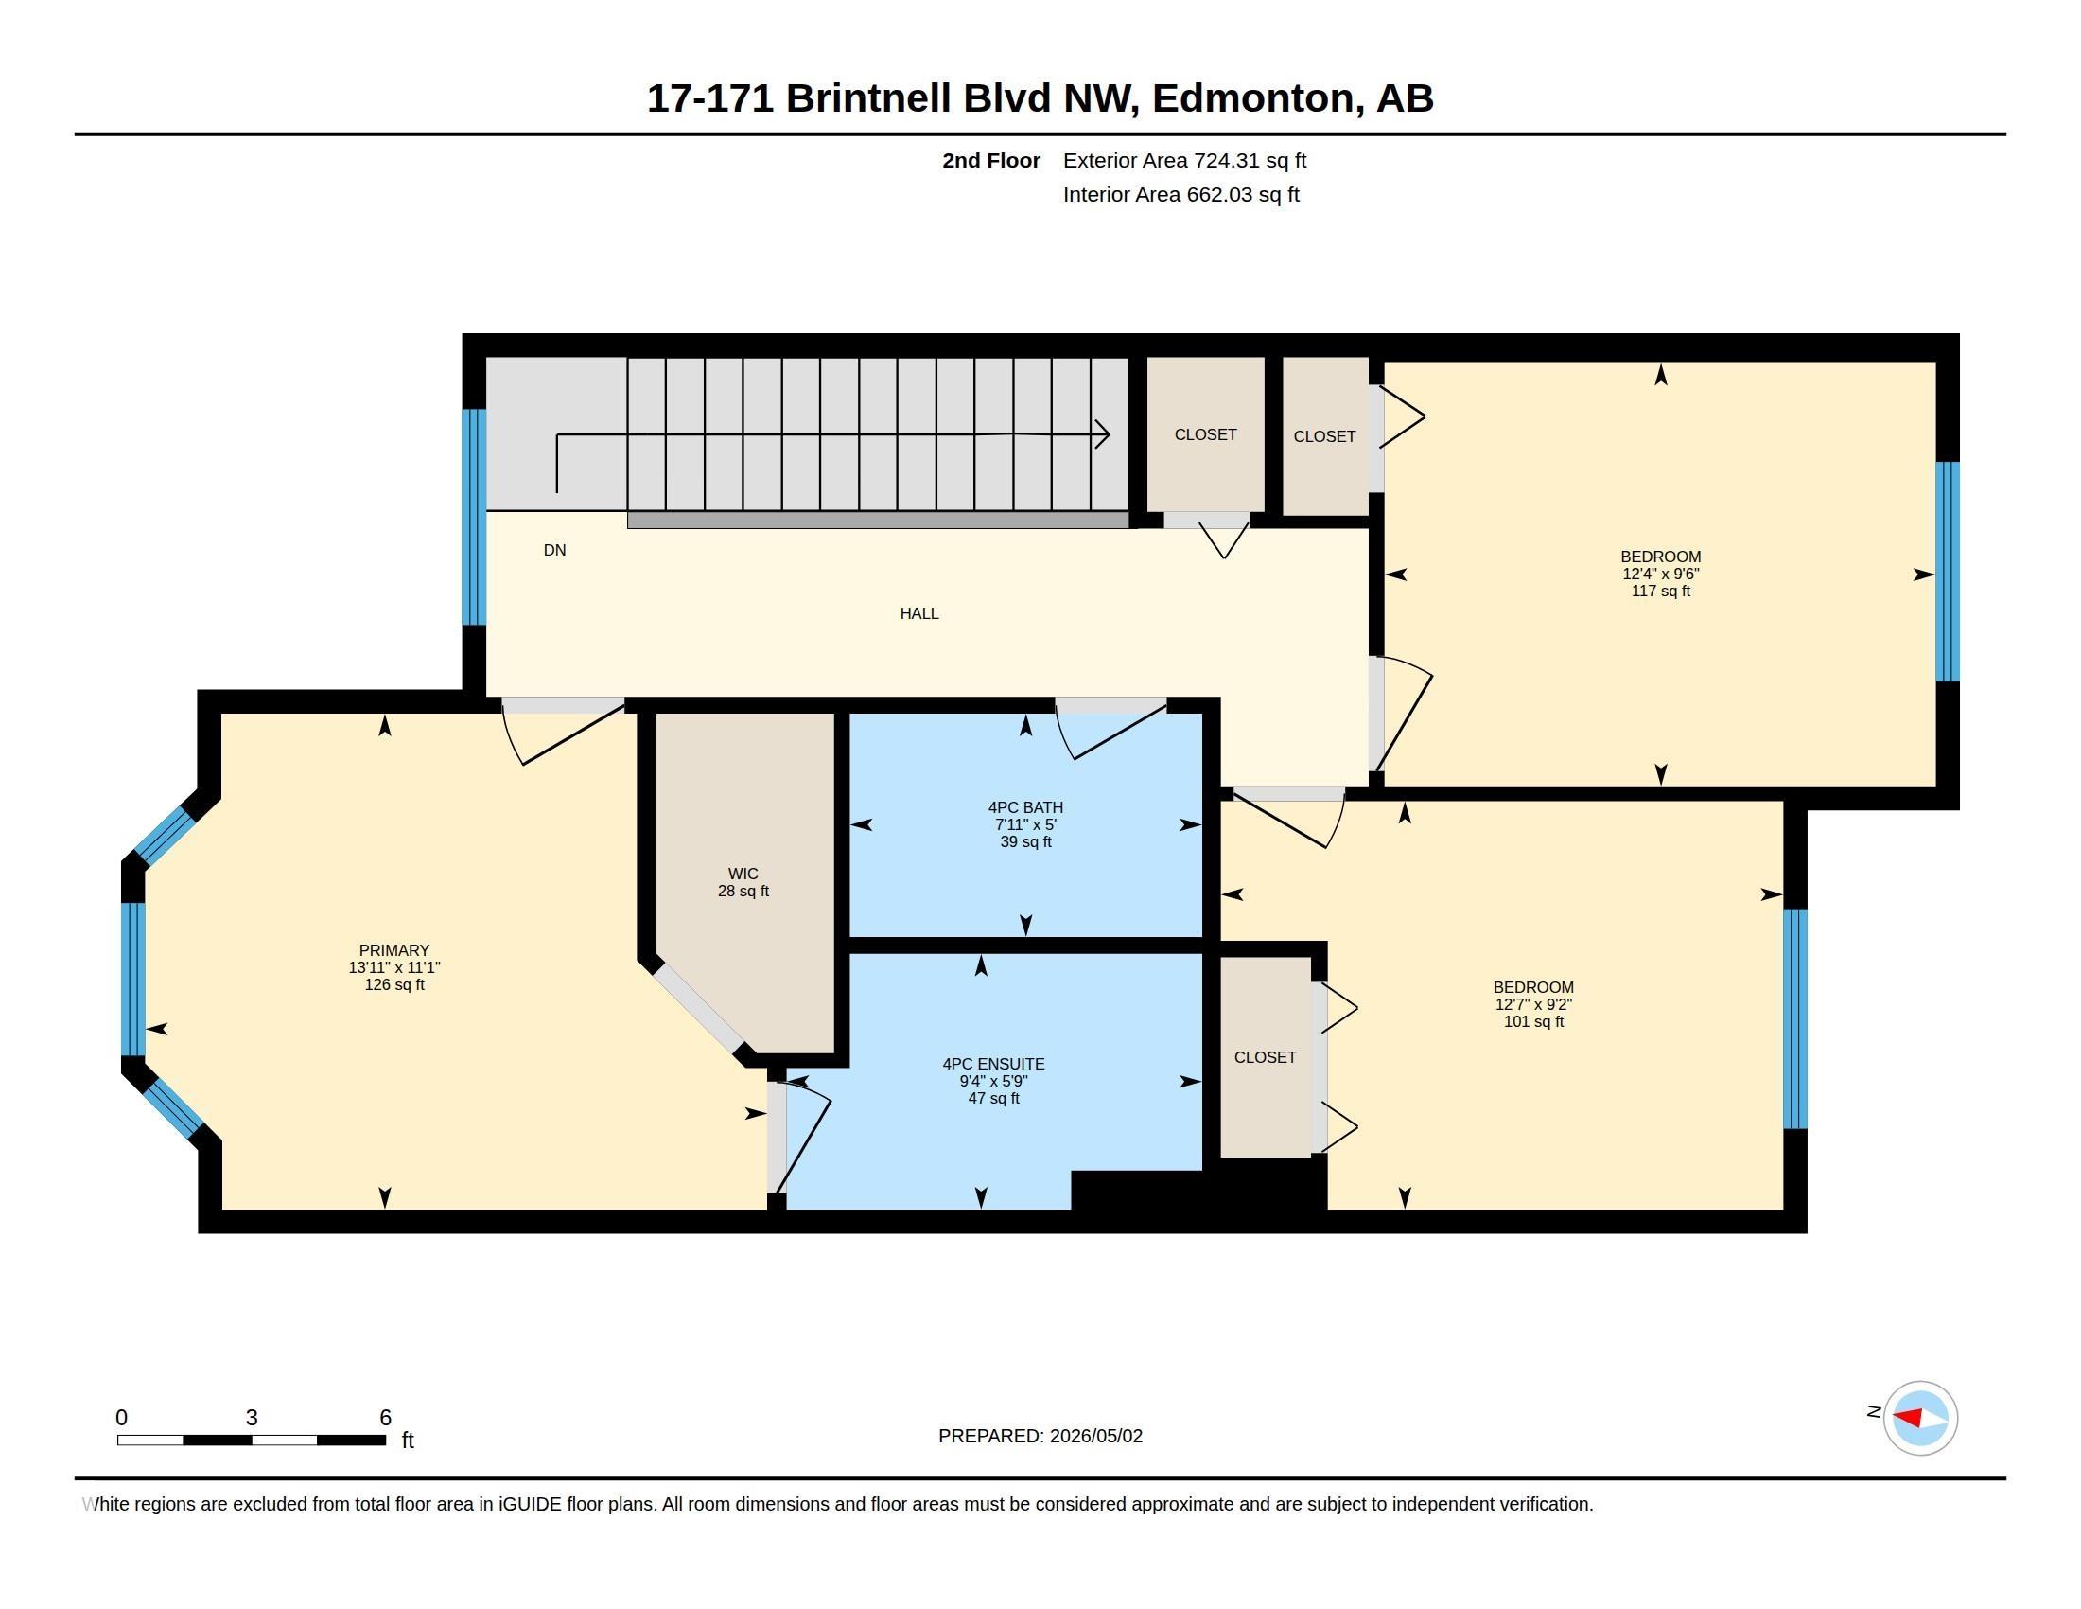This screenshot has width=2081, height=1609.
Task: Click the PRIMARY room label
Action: click(393, 950)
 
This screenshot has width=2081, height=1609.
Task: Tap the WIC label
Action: click(743, 875)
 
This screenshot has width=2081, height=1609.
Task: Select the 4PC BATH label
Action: click(1025, 807)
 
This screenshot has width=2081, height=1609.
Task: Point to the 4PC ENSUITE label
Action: click(994, 1064)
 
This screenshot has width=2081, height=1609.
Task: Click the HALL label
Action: click(919, 614)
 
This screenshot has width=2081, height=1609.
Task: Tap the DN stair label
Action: click(554, 550)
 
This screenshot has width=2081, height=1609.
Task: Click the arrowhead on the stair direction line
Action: click(1103, 434)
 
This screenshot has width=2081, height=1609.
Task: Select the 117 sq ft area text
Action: click(1661, 591)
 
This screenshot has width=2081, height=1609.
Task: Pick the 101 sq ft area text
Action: click(1534, 1022)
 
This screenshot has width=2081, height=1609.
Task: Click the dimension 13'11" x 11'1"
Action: click(394, 967)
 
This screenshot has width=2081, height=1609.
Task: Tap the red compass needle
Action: click(1909, 1418)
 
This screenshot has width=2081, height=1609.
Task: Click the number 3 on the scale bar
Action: click(252, 1418)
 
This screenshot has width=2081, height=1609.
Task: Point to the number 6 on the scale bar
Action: click(385, 1418)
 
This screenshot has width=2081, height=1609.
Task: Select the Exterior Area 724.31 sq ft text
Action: click(1184, 161)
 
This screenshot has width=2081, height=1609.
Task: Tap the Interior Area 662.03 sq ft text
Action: click(1180, 194)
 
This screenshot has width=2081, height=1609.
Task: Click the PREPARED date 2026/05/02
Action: click(1095, 1436)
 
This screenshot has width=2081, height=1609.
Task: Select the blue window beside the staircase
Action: click(474, 518)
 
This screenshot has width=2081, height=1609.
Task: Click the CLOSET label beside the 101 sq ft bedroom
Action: click(1266, 1057)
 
